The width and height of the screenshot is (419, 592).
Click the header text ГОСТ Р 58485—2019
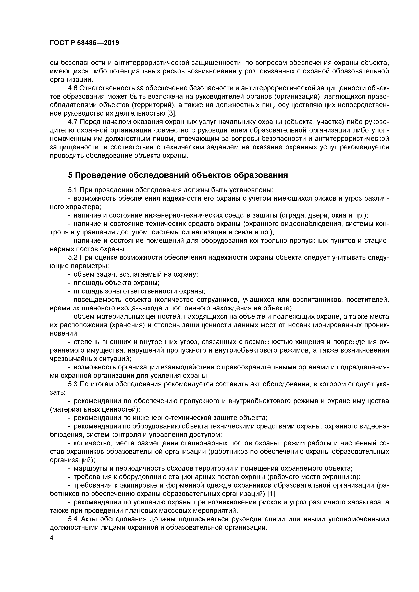tap(84, 43)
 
